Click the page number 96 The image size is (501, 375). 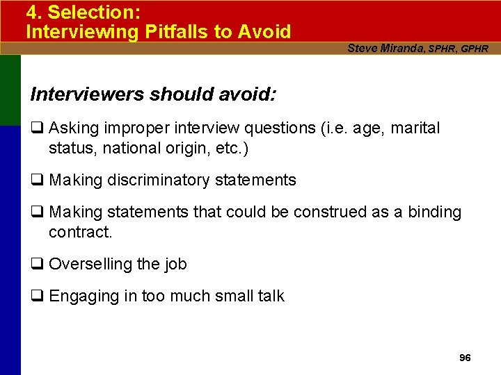click(466, 358)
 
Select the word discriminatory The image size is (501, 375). click(158, 181)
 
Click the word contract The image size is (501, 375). click(80, 232)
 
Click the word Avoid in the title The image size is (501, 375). click(264, 31)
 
